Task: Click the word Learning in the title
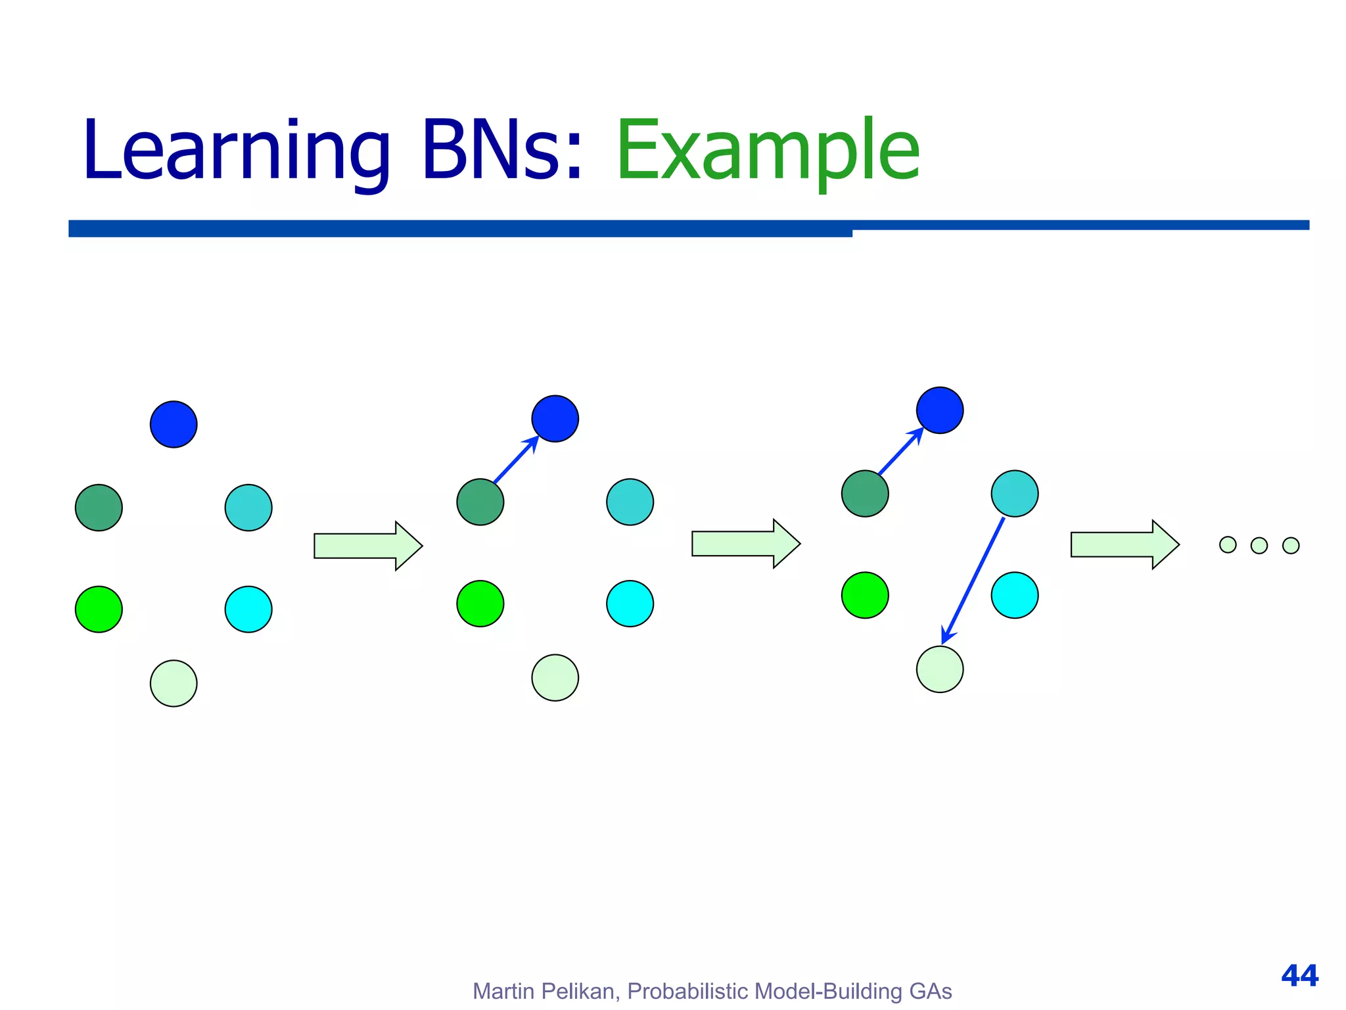[x=237, y=150]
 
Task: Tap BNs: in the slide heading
[x=502, y=150]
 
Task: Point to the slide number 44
[x=1299, y=975]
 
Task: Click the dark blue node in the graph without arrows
[x=174, y=424]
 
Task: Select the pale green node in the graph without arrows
[x=174, y=683]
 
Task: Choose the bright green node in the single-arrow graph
[x=480, y=603]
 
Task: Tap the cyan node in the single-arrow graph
[x=630, y=603]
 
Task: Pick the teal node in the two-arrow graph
[x=1014, y=493]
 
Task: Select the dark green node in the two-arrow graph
[x=865, y=493]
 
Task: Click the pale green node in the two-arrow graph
[x=940, y=669]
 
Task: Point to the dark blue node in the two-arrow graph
[x=940, y=410]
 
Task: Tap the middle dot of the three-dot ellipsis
[x=1259, y=545]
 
